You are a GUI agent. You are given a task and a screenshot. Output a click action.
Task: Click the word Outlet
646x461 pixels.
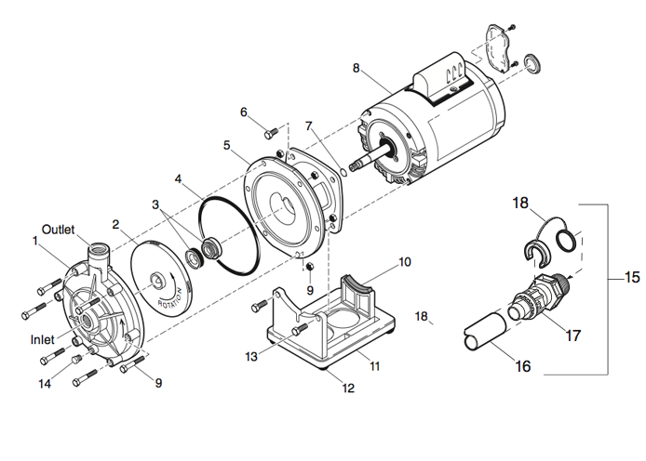tap(58, 230)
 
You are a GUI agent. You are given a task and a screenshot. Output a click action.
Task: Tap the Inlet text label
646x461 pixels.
tap(43, 339)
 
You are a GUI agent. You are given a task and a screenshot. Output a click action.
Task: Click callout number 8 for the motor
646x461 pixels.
tap(357, 68)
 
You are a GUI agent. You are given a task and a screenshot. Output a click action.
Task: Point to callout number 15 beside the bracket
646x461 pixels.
tap(632, 277)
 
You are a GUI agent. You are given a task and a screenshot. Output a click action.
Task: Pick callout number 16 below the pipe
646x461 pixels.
tap(523, 366)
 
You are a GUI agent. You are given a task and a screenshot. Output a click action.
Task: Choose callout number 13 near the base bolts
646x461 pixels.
tap(251, 357)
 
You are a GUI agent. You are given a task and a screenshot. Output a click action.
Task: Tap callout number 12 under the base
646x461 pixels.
tap(348, 388)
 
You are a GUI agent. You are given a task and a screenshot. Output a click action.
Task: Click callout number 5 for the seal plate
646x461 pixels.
tap(227, 145)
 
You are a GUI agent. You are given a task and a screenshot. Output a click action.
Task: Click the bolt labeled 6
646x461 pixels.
tap(270, 132)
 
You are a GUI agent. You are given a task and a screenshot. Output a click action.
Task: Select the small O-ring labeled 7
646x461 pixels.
tap(343, 172)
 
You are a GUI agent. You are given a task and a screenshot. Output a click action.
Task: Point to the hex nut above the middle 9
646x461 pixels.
tap(308, 267)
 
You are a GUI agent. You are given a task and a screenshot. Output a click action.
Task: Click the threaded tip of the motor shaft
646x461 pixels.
tap(354, 166)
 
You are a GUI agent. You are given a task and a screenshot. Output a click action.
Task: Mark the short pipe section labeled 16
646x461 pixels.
tap(485, 331)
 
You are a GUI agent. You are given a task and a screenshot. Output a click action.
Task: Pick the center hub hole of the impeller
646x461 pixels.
tap(157, 280)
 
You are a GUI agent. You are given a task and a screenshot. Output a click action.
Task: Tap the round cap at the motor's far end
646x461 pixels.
tap(532, 64)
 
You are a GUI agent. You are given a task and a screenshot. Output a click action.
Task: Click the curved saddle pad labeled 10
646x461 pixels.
tap(357, 283)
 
